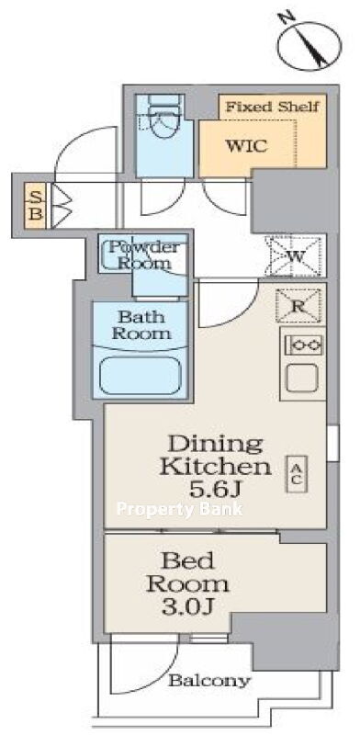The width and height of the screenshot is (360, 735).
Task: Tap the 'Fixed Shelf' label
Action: [272, 107]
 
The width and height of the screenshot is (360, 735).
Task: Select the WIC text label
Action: [247, 146]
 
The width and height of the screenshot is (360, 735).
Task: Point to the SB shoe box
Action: [36, 206]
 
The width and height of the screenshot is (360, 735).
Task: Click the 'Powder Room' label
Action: [144, 254]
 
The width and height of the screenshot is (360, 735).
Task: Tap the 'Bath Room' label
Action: [141, 325]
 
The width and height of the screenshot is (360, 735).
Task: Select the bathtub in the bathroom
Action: [141, 376]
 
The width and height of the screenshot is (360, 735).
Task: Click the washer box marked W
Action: [295, 256]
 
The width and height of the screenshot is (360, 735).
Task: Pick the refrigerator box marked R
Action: [298, 306]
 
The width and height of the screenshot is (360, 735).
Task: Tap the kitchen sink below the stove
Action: [302, 379]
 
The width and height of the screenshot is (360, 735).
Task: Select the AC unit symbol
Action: [298, 474]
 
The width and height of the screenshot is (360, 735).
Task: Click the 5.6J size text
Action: [215, 490]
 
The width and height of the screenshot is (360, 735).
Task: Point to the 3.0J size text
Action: [188, 607]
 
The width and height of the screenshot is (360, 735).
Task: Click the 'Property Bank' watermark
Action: [179, 509]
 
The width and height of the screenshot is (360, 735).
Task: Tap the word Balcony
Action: [209, 681]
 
